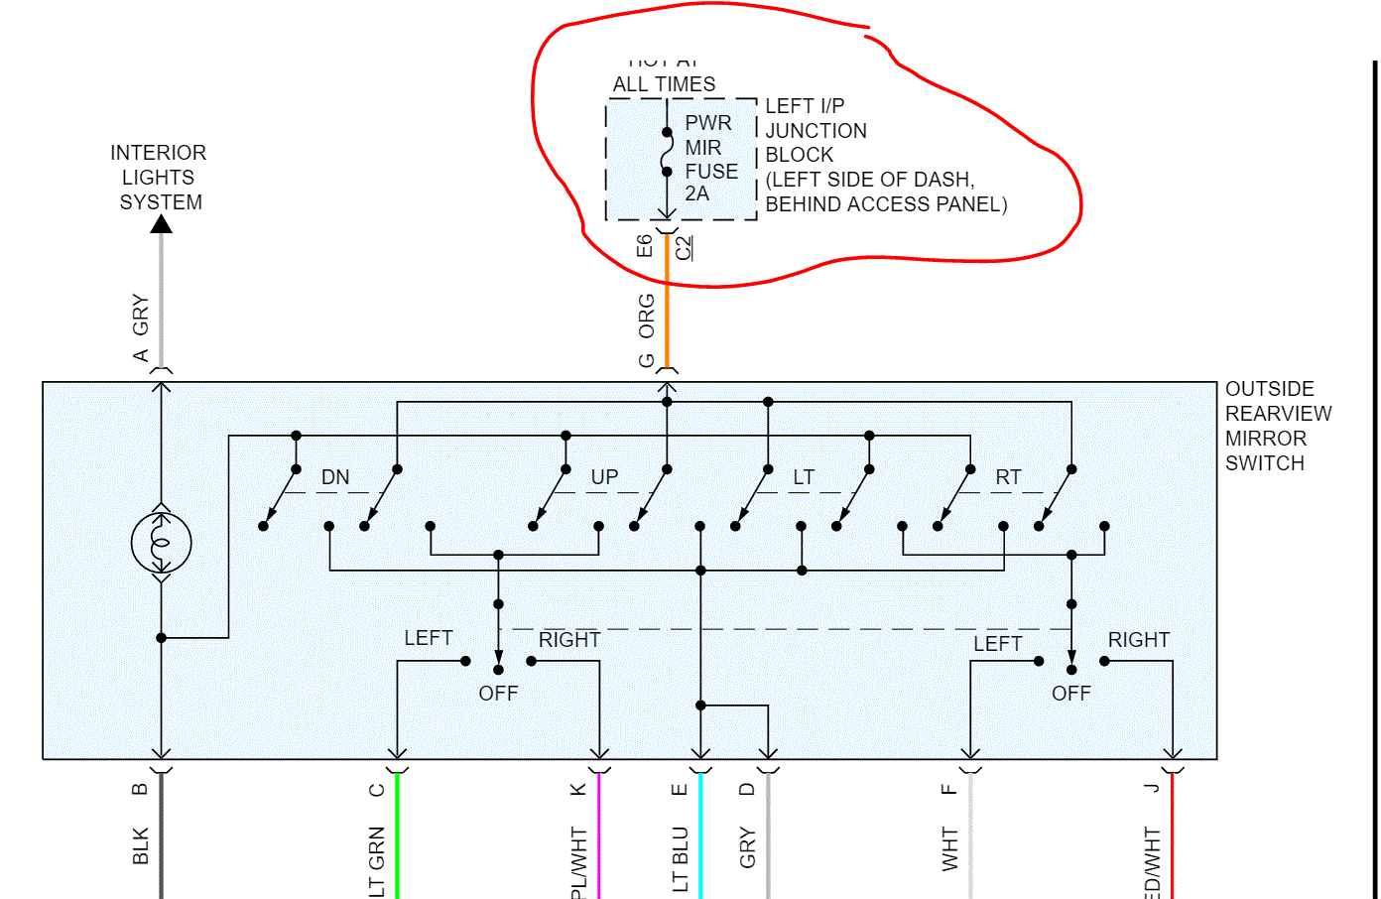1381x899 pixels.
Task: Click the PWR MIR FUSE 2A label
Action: tap(710, 159)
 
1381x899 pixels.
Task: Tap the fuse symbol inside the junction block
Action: tap(667, 152)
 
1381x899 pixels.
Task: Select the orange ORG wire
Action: tap(667, 308)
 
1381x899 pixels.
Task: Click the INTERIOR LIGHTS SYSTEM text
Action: tap(159, 178)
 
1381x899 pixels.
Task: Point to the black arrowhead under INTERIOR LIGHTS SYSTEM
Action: tap(161, 224)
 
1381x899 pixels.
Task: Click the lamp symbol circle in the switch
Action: tap(161, 543)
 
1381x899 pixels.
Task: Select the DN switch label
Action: tap(335, 477)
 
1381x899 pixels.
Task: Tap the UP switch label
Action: tap(604, 477)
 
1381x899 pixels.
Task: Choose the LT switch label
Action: tap(804, 477)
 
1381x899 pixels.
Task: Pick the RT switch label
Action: tap(1008, 477)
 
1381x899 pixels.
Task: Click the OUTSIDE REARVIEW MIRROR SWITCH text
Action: tap(1277, 426)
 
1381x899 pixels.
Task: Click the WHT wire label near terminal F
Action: tap(950, 848)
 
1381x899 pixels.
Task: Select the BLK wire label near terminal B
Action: tap(141, 845)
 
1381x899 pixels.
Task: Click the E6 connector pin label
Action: tap(645, 246)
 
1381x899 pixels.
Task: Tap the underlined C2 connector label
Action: tap(684, 247)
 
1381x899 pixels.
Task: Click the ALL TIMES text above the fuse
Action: tap(664, 84)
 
